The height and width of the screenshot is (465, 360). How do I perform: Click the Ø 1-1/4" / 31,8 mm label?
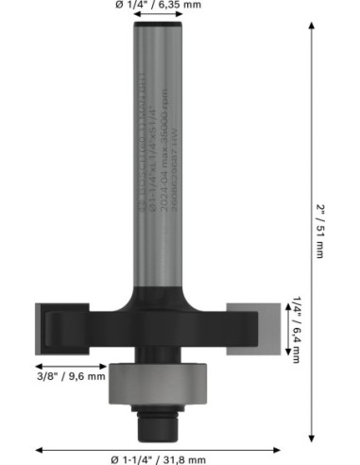pos(159,458)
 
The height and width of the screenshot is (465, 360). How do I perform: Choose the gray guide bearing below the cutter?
pos(158,384)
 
